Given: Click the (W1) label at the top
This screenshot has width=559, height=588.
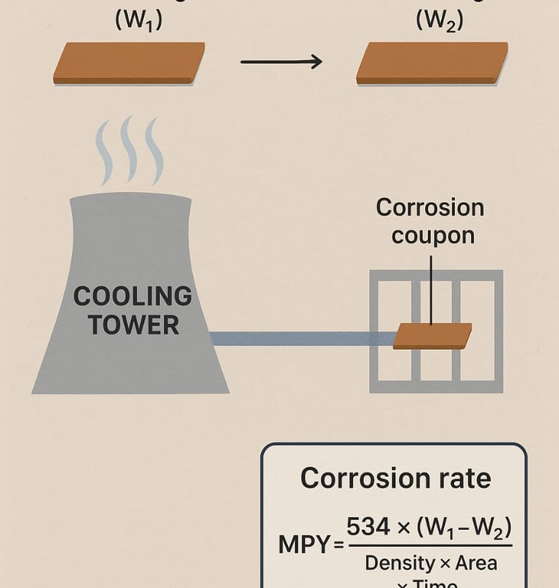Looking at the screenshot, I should coord(139,21).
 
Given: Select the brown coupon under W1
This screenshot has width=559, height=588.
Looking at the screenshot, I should coord(129,62).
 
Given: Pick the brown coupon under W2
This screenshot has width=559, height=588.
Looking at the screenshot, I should coord(432,62).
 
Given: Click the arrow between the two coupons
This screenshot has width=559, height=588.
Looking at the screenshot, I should coord(281,62).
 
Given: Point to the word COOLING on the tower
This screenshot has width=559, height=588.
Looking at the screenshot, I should coord(132,297).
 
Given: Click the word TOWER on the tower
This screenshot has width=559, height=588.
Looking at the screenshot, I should coord(133,325).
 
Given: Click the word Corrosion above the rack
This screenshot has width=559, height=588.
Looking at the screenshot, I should coord(429,208).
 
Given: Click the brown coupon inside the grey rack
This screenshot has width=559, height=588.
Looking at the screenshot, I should coord(432,336).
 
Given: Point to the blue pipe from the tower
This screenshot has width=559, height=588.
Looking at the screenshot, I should coord(298,338).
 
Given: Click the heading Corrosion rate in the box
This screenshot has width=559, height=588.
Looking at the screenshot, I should coord(395,479).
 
